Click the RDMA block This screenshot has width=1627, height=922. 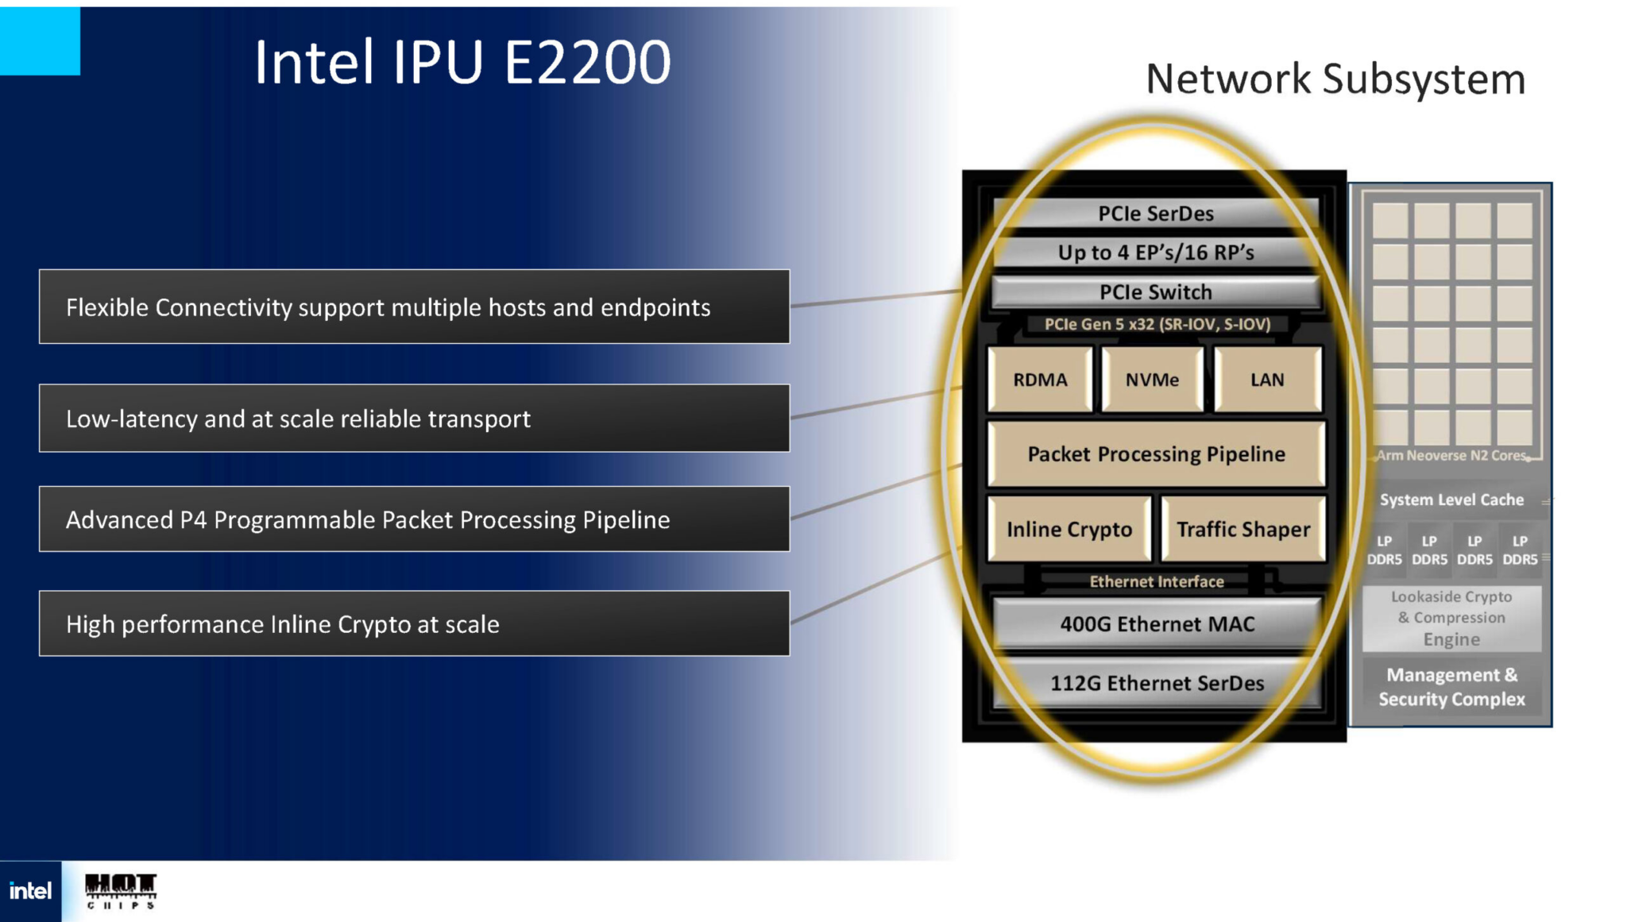[x=1040, y=380]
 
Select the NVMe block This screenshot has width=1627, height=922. [x=1152, y=380]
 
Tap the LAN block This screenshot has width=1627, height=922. [x=1267, y=380]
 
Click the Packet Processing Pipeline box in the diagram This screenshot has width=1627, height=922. [x=1156, y=454]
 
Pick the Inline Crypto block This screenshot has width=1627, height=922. [x=1069, y=529]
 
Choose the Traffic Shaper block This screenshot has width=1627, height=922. [x=1243, y=529]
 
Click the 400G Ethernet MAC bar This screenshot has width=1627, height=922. [x=1157, y=624]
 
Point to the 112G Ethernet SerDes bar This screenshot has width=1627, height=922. [x=1157, y=683]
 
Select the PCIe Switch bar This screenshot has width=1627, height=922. [x=1156, y=292]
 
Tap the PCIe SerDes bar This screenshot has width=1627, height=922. [x=1156, y=214]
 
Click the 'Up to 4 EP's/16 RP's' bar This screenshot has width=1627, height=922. [x=1156, y=253]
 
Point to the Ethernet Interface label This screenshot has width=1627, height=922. [x=1157, y=581]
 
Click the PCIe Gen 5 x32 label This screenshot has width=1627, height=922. [x=1157, y=324]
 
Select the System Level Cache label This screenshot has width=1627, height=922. [x=1451, y=500]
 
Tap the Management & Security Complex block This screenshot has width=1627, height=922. [x=1451, y=687]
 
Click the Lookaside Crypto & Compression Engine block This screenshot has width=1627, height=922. [x=1451, y=618]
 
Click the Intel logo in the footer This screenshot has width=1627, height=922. [x=30, y=891]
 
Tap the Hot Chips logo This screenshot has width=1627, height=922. [x=121, y=891]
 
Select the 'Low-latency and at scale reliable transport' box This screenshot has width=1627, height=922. [x=414, y=419]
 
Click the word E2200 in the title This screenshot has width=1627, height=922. [x=587, y=63]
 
